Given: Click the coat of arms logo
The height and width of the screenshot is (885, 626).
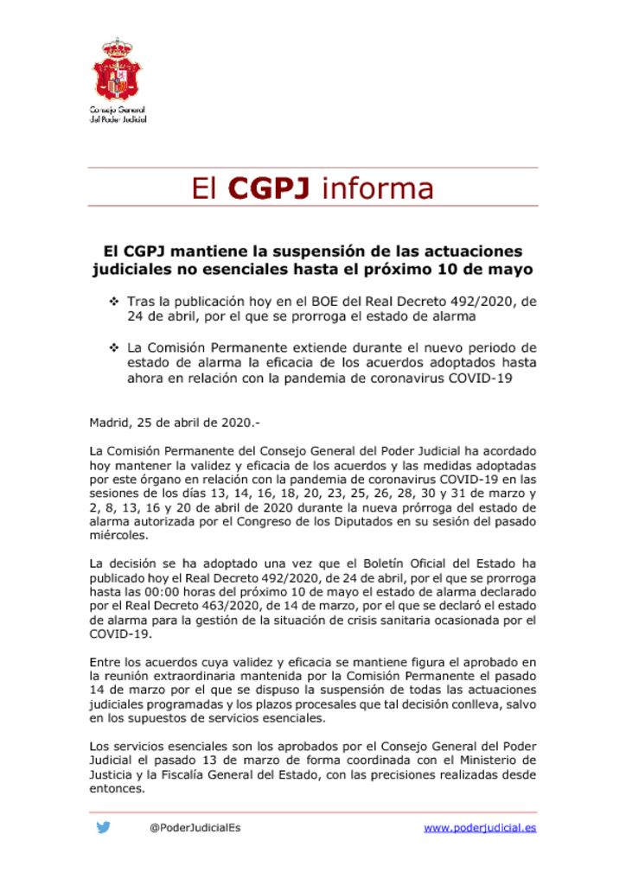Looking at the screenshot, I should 118,69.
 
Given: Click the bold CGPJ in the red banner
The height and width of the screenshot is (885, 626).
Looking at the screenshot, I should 269,188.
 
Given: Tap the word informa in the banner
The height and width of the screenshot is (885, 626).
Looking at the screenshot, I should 377,188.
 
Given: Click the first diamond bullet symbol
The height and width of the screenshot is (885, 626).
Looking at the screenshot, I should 113,302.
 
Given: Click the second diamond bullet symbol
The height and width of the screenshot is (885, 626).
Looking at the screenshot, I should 113,347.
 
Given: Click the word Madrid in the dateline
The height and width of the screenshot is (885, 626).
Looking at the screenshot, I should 110,423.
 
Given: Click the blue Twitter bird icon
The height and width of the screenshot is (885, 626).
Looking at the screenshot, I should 104,827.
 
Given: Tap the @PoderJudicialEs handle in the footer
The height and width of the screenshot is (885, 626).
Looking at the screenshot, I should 195,828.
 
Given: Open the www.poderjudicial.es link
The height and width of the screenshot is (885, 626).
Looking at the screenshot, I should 480,828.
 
